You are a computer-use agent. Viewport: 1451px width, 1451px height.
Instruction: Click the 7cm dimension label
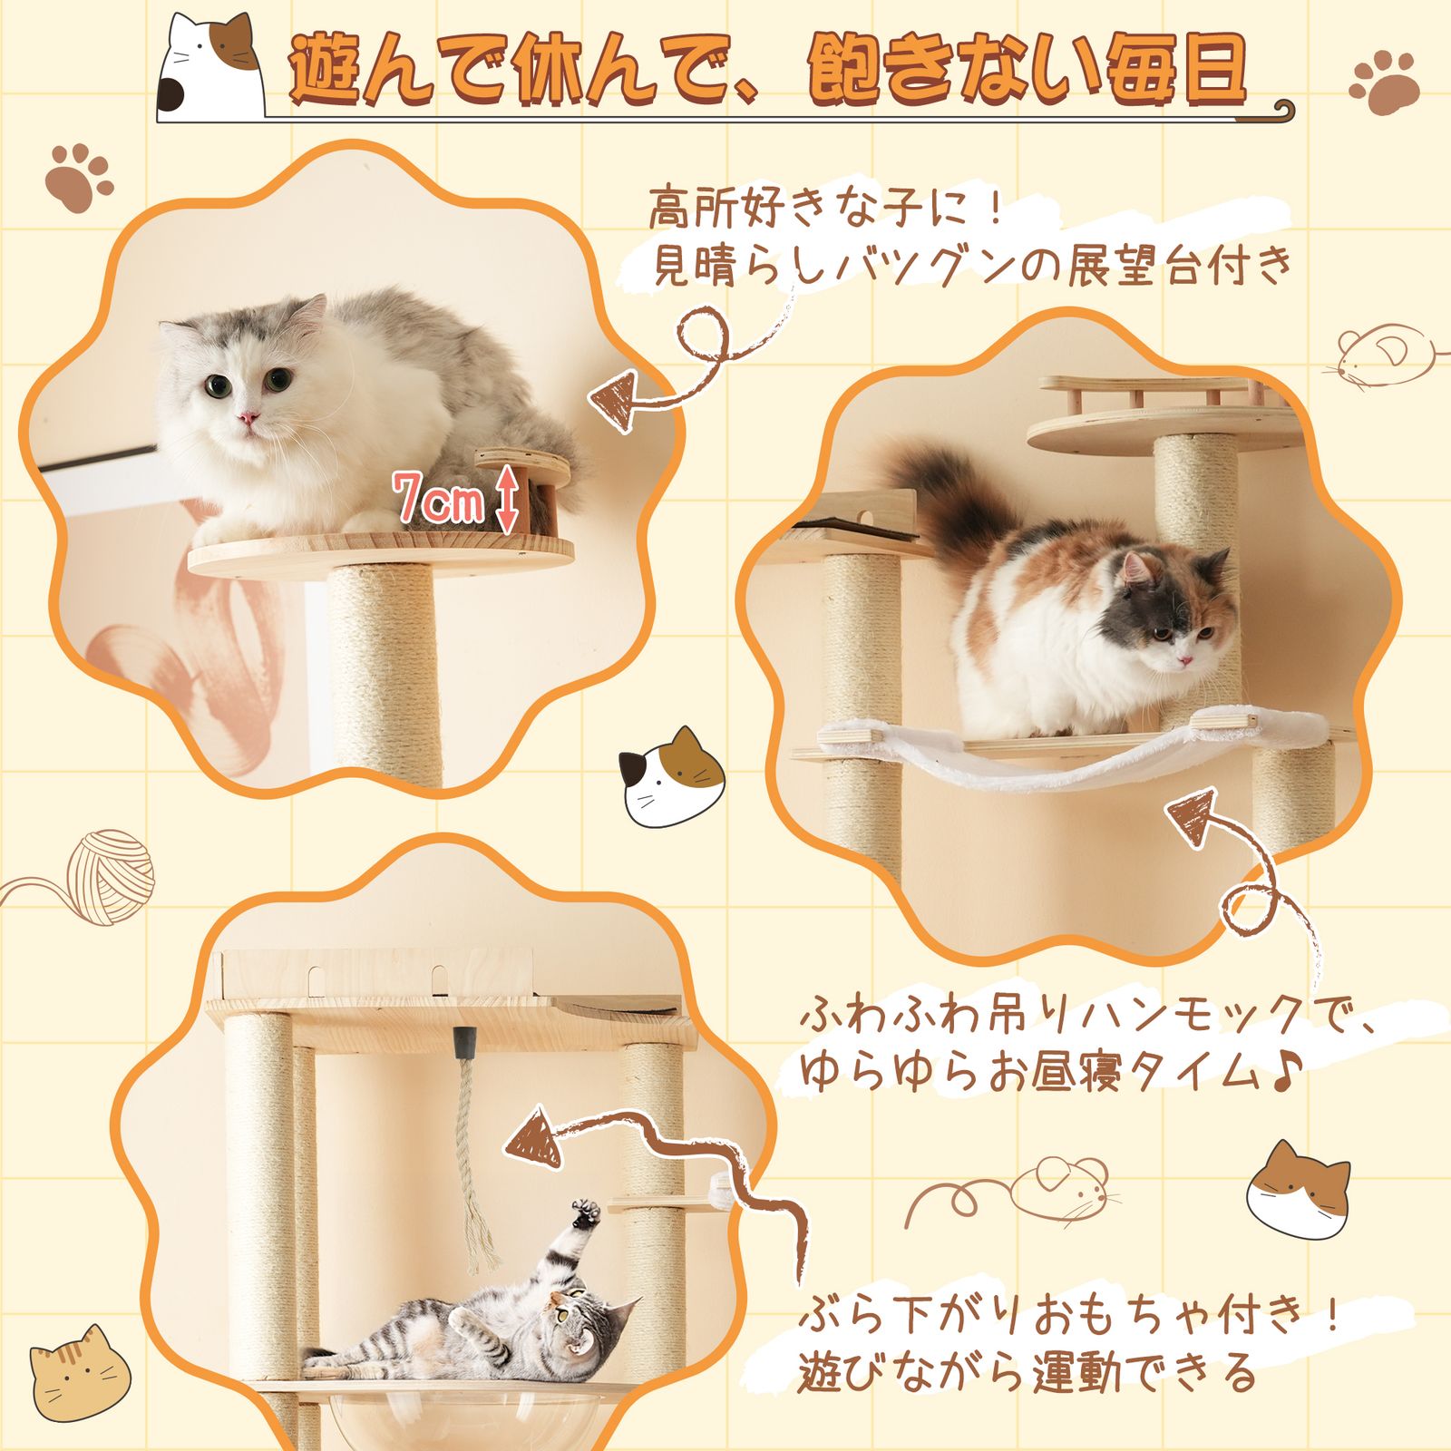[438, 500]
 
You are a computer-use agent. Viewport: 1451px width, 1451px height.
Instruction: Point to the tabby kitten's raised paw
[586, 1212]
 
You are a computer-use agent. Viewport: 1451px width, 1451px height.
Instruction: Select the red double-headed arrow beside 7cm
[509, 499]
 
